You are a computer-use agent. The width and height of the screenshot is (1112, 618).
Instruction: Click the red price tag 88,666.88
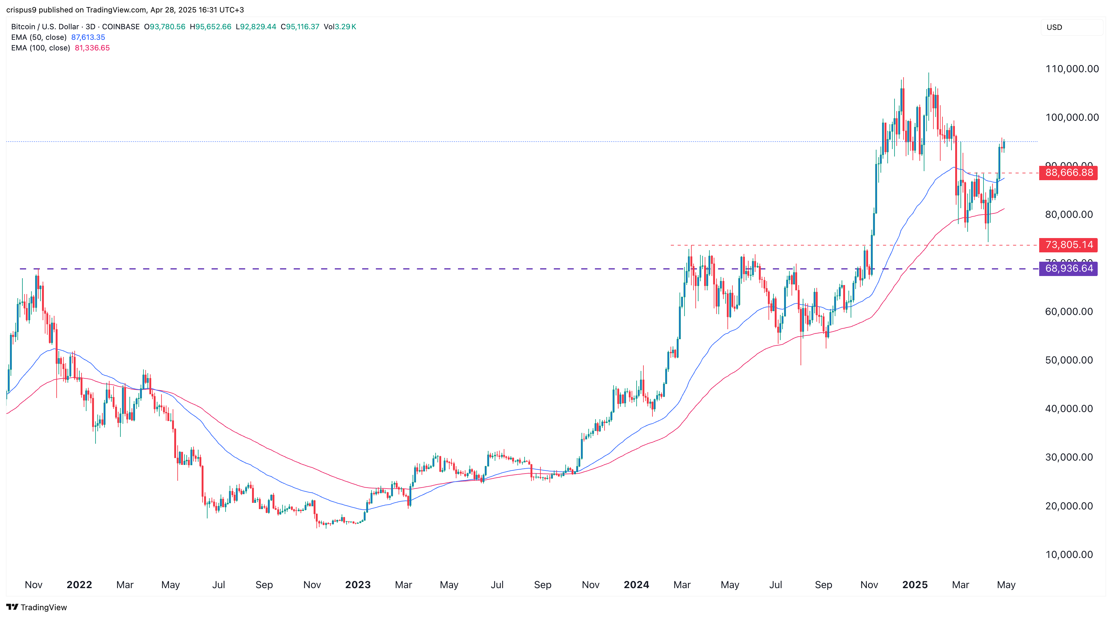click(1068, 173)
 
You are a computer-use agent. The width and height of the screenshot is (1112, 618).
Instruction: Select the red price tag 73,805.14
click(1068, 245)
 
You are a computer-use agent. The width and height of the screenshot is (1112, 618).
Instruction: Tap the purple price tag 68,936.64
click(1068, 269)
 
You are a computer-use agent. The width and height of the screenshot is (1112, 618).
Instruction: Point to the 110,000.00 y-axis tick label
click(1072, 69)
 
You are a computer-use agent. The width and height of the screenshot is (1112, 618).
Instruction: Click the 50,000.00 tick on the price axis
click(1069, 360)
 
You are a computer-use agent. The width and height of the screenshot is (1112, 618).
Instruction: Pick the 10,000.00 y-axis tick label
click(1069, 555)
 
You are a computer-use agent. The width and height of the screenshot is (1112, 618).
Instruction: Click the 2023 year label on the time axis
click(358, 585)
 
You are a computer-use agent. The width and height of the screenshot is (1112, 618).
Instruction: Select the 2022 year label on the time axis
click(79, 585)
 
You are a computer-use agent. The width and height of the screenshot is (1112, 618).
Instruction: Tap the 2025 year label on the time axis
click(915, 585)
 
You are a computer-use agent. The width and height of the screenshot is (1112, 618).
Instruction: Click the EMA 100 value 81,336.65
click(92, 48)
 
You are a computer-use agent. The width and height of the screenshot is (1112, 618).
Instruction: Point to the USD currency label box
click(1054, 27)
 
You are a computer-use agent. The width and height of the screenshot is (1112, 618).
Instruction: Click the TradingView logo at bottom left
click(37, 607)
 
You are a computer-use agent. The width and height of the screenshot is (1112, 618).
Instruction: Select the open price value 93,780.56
click(167, 27)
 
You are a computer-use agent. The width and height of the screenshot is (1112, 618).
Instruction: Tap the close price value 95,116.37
click(302, 27)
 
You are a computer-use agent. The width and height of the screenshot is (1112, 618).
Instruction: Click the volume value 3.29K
click(345, 27)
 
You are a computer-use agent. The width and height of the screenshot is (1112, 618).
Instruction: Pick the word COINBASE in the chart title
click(121, 27)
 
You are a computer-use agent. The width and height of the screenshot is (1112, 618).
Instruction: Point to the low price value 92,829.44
click(258, 27)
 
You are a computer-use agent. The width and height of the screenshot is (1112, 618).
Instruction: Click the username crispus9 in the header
click(21, 10)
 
